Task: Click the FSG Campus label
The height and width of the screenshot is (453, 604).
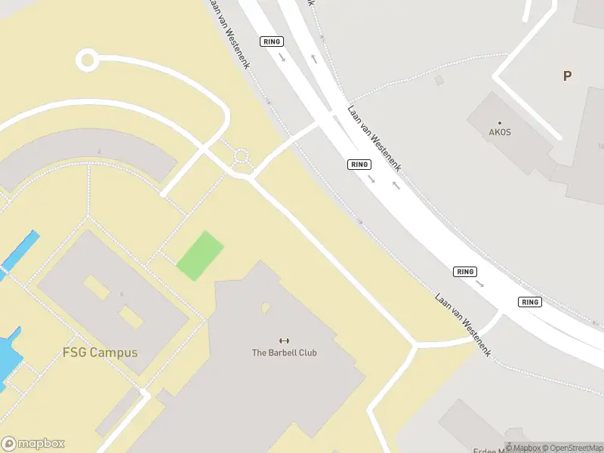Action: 100,353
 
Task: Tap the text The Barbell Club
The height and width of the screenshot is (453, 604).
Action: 284,353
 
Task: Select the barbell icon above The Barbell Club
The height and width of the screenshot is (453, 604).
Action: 284,341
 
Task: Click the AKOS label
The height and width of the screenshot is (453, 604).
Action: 500,132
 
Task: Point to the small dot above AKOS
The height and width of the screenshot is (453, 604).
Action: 500,122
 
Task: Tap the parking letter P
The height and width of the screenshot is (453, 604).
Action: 567,75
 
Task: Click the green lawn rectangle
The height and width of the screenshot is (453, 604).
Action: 200,256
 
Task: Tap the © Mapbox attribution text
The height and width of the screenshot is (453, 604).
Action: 524,448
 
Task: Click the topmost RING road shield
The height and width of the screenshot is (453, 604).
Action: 271,42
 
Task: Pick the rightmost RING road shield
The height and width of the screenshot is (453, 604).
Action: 530,302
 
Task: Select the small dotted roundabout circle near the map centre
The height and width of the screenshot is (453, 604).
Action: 242,156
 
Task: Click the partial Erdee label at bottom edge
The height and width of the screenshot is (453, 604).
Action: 487,450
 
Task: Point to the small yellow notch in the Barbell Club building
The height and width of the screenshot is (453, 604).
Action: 265,308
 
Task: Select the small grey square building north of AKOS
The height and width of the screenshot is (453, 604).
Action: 439,79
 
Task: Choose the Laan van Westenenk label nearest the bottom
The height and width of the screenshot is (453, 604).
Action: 464,325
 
